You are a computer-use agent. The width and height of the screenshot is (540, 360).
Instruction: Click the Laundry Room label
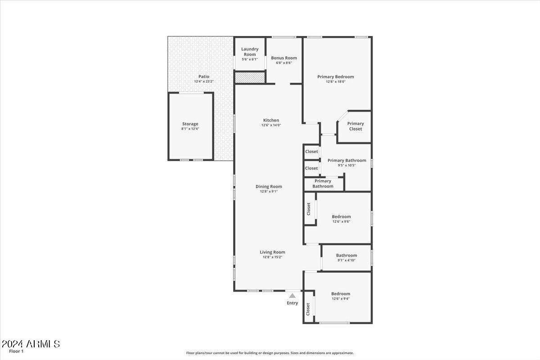click(250, 52)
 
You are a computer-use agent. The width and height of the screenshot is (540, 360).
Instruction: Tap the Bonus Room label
click(284, 58)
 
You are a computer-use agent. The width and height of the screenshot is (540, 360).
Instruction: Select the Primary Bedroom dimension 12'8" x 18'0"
click(336, 82)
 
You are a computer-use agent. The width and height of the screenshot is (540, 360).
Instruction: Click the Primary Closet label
click(355, 126)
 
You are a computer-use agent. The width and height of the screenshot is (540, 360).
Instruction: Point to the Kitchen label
click(271, 120)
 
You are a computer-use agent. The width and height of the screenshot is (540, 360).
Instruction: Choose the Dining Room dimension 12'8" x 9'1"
click(269, 192)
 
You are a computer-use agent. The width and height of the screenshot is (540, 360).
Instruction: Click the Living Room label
click(272, 252)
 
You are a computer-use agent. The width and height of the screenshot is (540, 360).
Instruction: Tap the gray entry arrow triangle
click(292, 296)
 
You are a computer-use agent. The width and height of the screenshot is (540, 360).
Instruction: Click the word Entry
click(292, 303)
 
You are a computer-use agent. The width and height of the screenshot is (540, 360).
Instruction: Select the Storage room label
click(190, 124)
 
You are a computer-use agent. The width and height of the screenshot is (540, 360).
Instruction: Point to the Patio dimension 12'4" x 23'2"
click(204, 82)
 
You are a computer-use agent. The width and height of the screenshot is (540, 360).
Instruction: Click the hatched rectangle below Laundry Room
click(250, 78)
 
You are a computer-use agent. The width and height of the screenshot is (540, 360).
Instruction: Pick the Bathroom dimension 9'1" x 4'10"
click(346, 260)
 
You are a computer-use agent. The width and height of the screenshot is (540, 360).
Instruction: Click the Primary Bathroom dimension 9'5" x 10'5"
click(346, 165)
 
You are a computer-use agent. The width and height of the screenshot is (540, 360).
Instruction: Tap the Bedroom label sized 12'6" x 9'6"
click(342, 216)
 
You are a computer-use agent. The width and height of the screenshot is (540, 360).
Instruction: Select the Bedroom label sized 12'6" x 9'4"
click(341, 294)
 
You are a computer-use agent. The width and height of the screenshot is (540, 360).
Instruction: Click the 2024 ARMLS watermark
click(31, 344)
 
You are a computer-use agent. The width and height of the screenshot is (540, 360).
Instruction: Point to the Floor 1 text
click(16, 351)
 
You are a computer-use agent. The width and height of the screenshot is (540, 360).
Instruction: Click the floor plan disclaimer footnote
click(270, 353)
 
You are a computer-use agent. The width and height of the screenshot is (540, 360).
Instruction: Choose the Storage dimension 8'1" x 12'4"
click(190, 129)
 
